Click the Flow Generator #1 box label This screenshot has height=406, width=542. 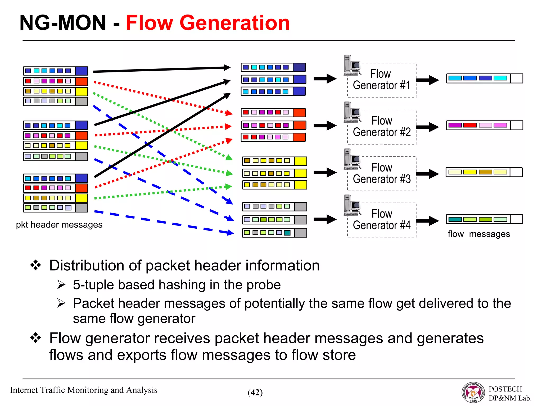coord(381,80)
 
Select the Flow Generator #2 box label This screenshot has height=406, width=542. coord(381,126)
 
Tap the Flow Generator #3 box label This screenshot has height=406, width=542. coord(381,173)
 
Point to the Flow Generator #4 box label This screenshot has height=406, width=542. coord(381,219)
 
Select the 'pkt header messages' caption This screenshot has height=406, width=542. coord(59,225)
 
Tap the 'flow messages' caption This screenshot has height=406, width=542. coord(478,234)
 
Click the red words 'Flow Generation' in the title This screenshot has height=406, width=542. coord(208,23)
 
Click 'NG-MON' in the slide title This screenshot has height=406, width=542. coord(63,23)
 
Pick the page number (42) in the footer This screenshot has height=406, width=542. coord(255,393)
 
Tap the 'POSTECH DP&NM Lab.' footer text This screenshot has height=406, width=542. coord(509,394)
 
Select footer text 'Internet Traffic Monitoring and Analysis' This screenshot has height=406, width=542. coord(84,390)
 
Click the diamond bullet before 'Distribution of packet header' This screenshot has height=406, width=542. coord(36,265)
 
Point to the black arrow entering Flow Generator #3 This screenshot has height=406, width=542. coord(325,173)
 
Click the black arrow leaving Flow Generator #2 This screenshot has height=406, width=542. coord(427,127)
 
